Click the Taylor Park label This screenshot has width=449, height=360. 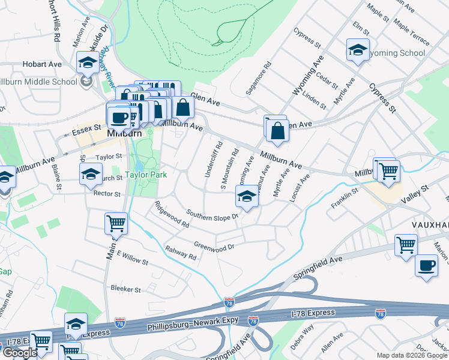point(145,176)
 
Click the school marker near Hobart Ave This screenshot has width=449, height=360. point(88,62)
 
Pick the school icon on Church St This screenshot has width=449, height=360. point(91,174)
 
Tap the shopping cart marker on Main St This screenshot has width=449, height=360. point(116,224)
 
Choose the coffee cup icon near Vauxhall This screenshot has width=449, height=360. point(427,266)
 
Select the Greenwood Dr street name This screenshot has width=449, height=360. point(213,245)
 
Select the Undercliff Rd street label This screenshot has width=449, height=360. point(213,160)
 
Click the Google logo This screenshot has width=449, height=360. point(19,353)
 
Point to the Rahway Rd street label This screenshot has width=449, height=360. point(181,253)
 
